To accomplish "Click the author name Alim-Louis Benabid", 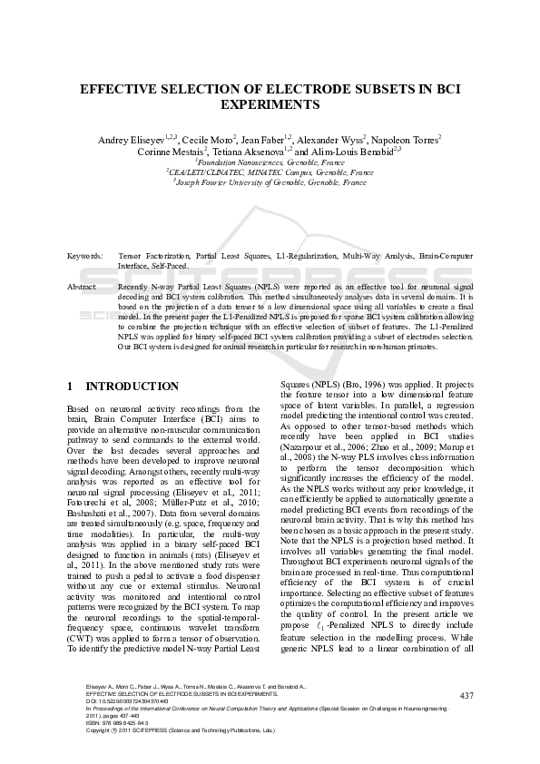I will (x=356, y=152).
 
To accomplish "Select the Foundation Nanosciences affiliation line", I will (x=270, y=162).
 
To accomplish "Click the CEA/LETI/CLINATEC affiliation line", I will (x=270, y=172).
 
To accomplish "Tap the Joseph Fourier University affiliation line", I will (x=270, y=182).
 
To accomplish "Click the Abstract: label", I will (x=83, y=286).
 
